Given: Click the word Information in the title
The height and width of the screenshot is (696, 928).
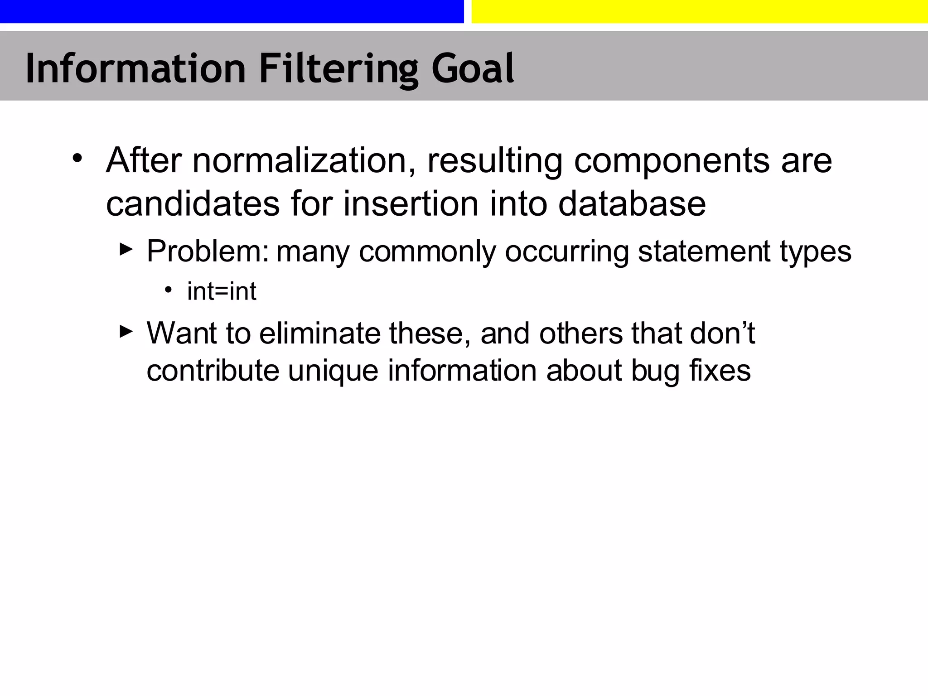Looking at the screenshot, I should tap(135, 69).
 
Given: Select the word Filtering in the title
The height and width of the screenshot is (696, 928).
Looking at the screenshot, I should tap(338, 69).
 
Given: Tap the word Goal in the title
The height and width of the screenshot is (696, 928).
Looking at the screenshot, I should tap(473, 69).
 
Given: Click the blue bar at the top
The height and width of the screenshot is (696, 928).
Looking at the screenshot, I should tap(232, 11).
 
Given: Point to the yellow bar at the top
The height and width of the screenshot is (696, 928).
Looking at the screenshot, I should tap(700, 11).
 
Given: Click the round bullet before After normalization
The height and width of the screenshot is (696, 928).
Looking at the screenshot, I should tap(77, 159).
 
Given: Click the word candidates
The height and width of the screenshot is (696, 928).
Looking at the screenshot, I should tap(193, 204).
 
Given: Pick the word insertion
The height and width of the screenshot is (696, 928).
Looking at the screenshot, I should tap(411, 204).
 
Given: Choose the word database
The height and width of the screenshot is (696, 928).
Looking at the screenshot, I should tap(632, 204).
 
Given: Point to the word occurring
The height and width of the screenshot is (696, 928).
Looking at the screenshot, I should tap(566, 252).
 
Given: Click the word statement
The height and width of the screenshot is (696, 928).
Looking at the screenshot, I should tap(704, 251).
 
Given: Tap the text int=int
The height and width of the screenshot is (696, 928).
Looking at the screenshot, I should tap(222, 291).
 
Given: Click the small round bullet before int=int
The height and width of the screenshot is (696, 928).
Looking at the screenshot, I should tap(169, 289).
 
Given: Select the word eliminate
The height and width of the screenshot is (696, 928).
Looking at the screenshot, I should tap(319, 333).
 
